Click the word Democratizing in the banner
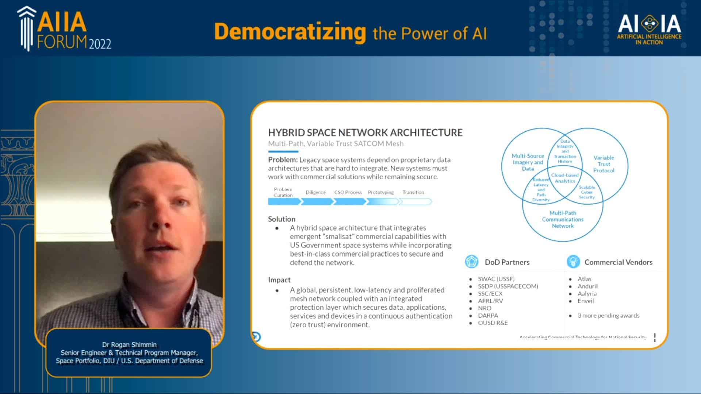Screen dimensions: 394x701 [290, 32]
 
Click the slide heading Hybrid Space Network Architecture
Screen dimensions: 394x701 [365, 132]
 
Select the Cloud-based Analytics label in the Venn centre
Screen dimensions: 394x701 [565, 178]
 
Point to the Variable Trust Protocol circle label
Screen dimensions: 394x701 [604, 164]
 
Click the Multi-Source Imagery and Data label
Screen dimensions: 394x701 [528, 162]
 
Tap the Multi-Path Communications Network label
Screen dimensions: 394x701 [563, 219]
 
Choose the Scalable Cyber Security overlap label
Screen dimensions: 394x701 [587, 192]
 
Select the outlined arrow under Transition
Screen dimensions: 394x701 [415, 201]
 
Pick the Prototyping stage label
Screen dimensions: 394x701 [380, 192]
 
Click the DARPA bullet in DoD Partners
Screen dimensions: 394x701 [488, 316]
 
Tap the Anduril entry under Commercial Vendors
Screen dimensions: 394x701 [587, 286]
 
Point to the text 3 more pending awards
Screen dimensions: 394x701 [608, 316]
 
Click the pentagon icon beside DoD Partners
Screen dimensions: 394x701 [471, 262]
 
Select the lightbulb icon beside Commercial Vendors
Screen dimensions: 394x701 [573, 262]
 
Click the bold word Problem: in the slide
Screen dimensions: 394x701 [283, 160]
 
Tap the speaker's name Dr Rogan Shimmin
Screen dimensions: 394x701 [129, 344]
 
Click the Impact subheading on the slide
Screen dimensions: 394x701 [279, 280]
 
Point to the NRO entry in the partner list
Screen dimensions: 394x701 [484, 308]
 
